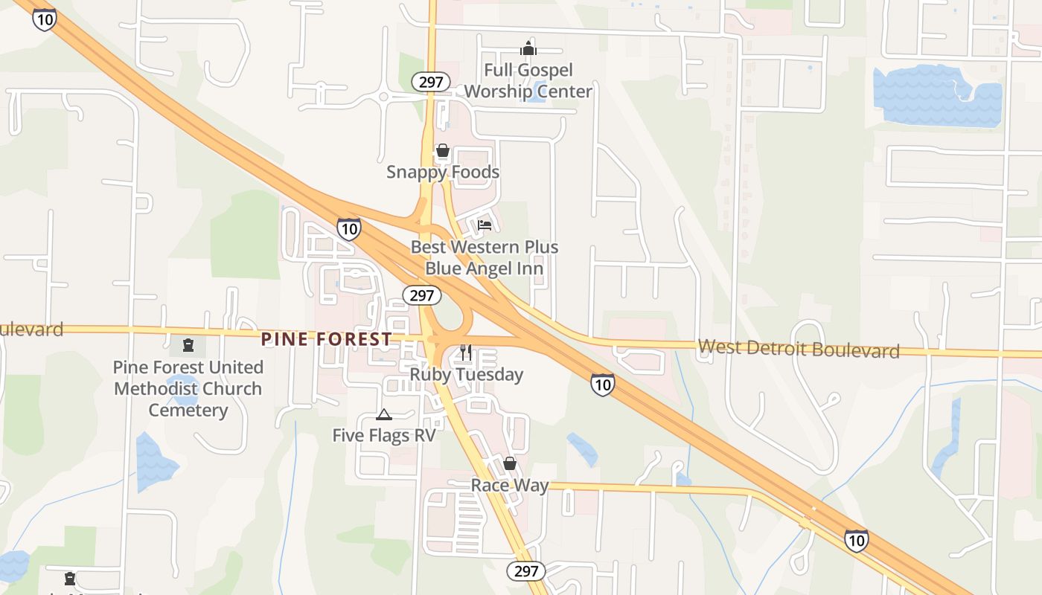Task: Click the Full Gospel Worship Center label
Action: (x=528, y=80)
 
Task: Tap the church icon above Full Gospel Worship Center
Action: (x=528, y=49)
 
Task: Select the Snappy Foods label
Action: (x=443, y=172)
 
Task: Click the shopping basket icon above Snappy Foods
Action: (x=443, y=151)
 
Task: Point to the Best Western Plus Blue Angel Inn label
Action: (x=485, y=257)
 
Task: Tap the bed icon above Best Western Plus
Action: (x=485, y=224)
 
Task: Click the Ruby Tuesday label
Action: (x=467, y=374)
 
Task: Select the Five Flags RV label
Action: (x=384, y=435)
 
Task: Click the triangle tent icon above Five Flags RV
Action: (x=383, y=414)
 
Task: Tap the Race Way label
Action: (x=510, y=486)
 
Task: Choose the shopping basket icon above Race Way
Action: (x=510, y=463)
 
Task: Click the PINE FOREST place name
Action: (x=327, y=339)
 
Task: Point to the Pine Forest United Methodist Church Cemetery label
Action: (x=188, y=388)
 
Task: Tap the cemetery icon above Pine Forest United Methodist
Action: (x=188, y=345)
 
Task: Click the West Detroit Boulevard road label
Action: (x=799, y=348)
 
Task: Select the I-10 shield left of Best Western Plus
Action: (x=349, y=228)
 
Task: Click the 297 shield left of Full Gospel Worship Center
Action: (x=431, y=82)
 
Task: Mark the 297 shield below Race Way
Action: (x=526, y=571)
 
